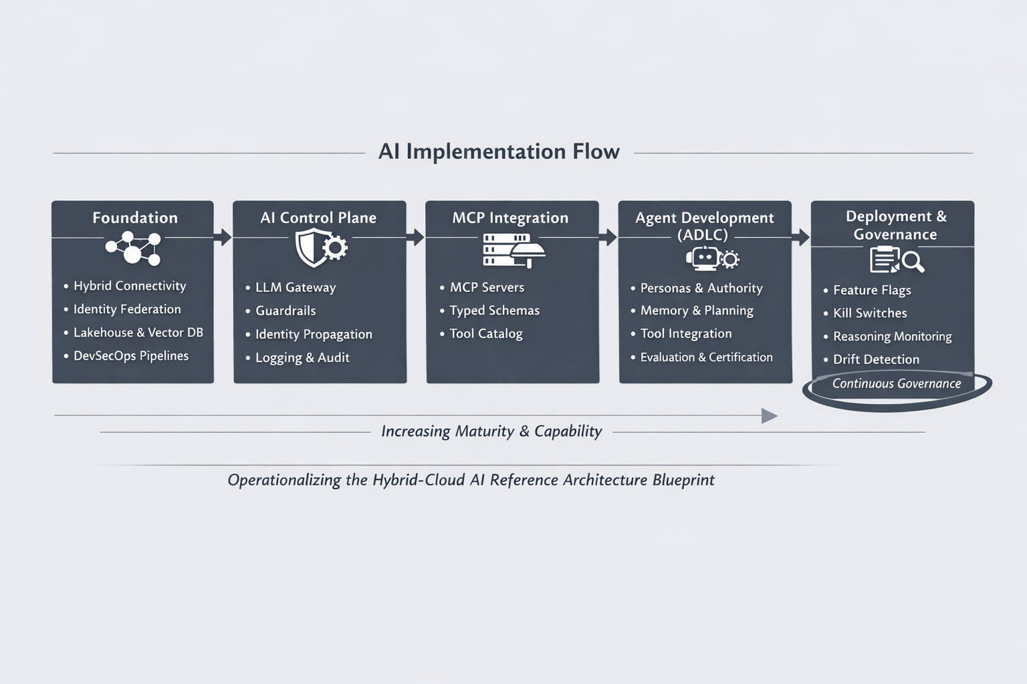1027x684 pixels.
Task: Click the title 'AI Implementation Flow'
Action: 499,152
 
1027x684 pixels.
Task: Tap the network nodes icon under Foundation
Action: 134,248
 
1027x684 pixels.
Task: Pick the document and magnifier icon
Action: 896,260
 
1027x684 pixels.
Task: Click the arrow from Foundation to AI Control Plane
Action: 224,237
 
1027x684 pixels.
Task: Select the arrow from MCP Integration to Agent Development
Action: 609,237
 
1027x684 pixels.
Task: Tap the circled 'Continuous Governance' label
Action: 896,384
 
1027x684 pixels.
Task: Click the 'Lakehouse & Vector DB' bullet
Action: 138,333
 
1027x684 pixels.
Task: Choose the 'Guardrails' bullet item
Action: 286,311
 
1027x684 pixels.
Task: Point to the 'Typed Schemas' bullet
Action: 494,311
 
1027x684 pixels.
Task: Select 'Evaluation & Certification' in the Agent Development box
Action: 706,357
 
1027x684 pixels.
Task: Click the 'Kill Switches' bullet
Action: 870,313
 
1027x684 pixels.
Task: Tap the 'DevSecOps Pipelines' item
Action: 131,356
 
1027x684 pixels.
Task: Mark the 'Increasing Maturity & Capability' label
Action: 491,432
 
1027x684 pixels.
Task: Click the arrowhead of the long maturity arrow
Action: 770,416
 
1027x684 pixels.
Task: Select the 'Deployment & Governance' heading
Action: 895,225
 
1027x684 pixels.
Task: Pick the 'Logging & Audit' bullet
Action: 302,358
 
